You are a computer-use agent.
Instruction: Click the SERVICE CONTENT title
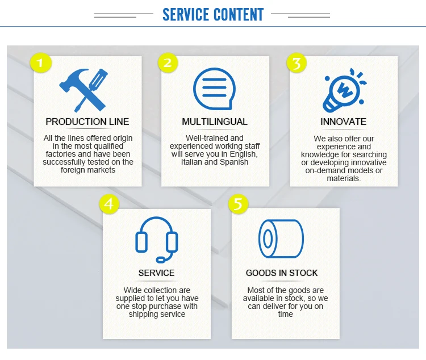213,14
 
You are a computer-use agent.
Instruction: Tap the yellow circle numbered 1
40,62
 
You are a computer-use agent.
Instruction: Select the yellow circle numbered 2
167,62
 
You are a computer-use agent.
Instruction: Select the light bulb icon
343,90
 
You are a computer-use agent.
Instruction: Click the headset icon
157,239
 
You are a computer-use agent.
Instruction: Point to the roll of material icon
282,239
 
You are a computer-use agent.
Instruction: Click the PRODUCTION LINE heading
87,122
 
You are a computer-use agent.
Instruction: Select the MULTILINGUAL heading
215,122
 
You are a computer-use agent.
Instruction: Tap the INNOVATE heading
343,122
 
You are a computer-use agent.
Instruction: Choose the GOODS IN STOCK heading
282,273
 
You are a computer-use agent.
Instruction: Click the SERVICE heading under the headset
157,273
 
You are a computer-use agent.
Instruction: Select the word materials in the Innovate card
343,178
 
